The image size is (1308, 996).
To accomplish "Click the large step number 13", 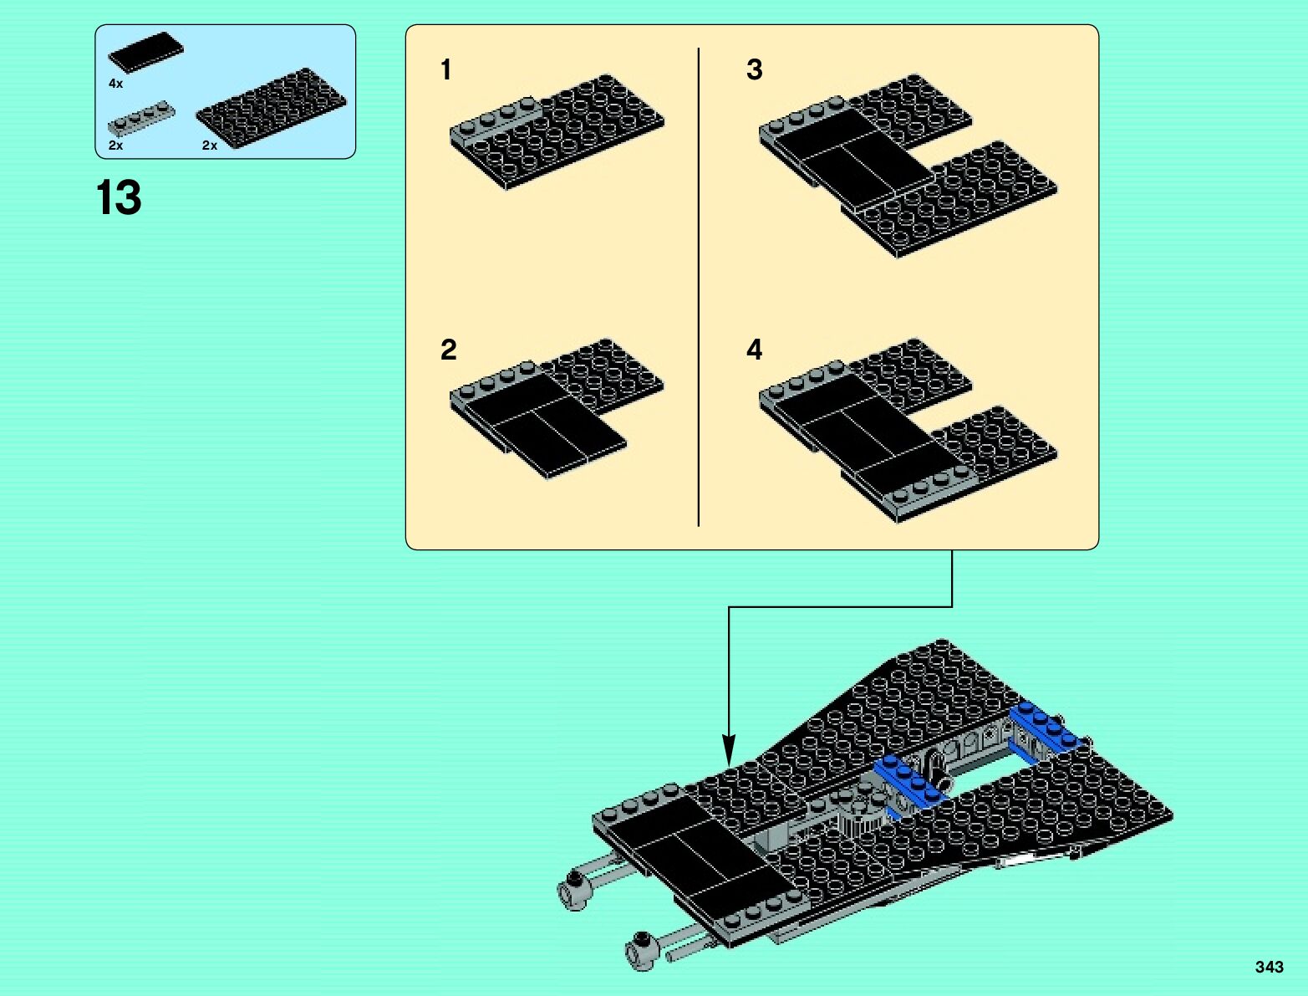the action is (x=119, y=199).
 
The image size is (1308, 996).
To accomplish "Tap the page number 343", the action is (x=1269, y=967).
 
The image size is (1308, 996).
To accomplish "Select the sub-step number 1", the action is (x=446, y=69).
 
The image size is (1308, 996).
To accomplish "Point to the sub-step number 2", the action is (x=448, y=350).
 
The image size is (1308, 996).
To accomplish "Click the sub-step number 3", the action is (x=754, y=69).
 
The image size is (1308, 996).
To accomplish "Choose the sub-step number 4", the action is (x=754, y=350).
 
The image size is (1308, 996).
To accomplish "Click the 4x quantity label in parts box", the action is (x=115, y=84).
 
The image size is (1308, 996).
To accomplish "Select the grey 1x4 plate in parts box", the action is (x=140, y=120).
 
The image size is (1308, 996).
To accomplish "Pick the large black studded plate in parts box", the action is (x=271, y=110).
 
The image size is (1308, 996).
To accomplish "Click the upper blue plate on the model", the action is (x=1047, y=730).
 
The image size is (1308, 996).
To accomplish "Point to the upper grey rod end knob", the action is (x=573, y=888).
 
